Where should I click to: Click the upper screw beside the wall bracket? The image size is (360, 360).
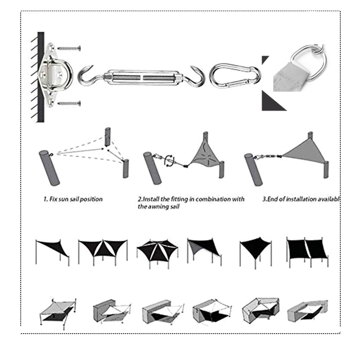[70, 48]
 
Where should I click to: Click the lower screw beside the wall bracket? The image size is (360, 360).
[70, 103]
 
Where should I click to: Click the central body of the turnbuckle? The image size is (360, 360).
[143, 75]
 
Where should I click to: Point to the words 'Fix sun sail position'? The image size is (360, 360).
[76, 199]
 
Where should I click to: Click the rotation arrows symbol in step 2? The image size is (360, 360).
[169, 160]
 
